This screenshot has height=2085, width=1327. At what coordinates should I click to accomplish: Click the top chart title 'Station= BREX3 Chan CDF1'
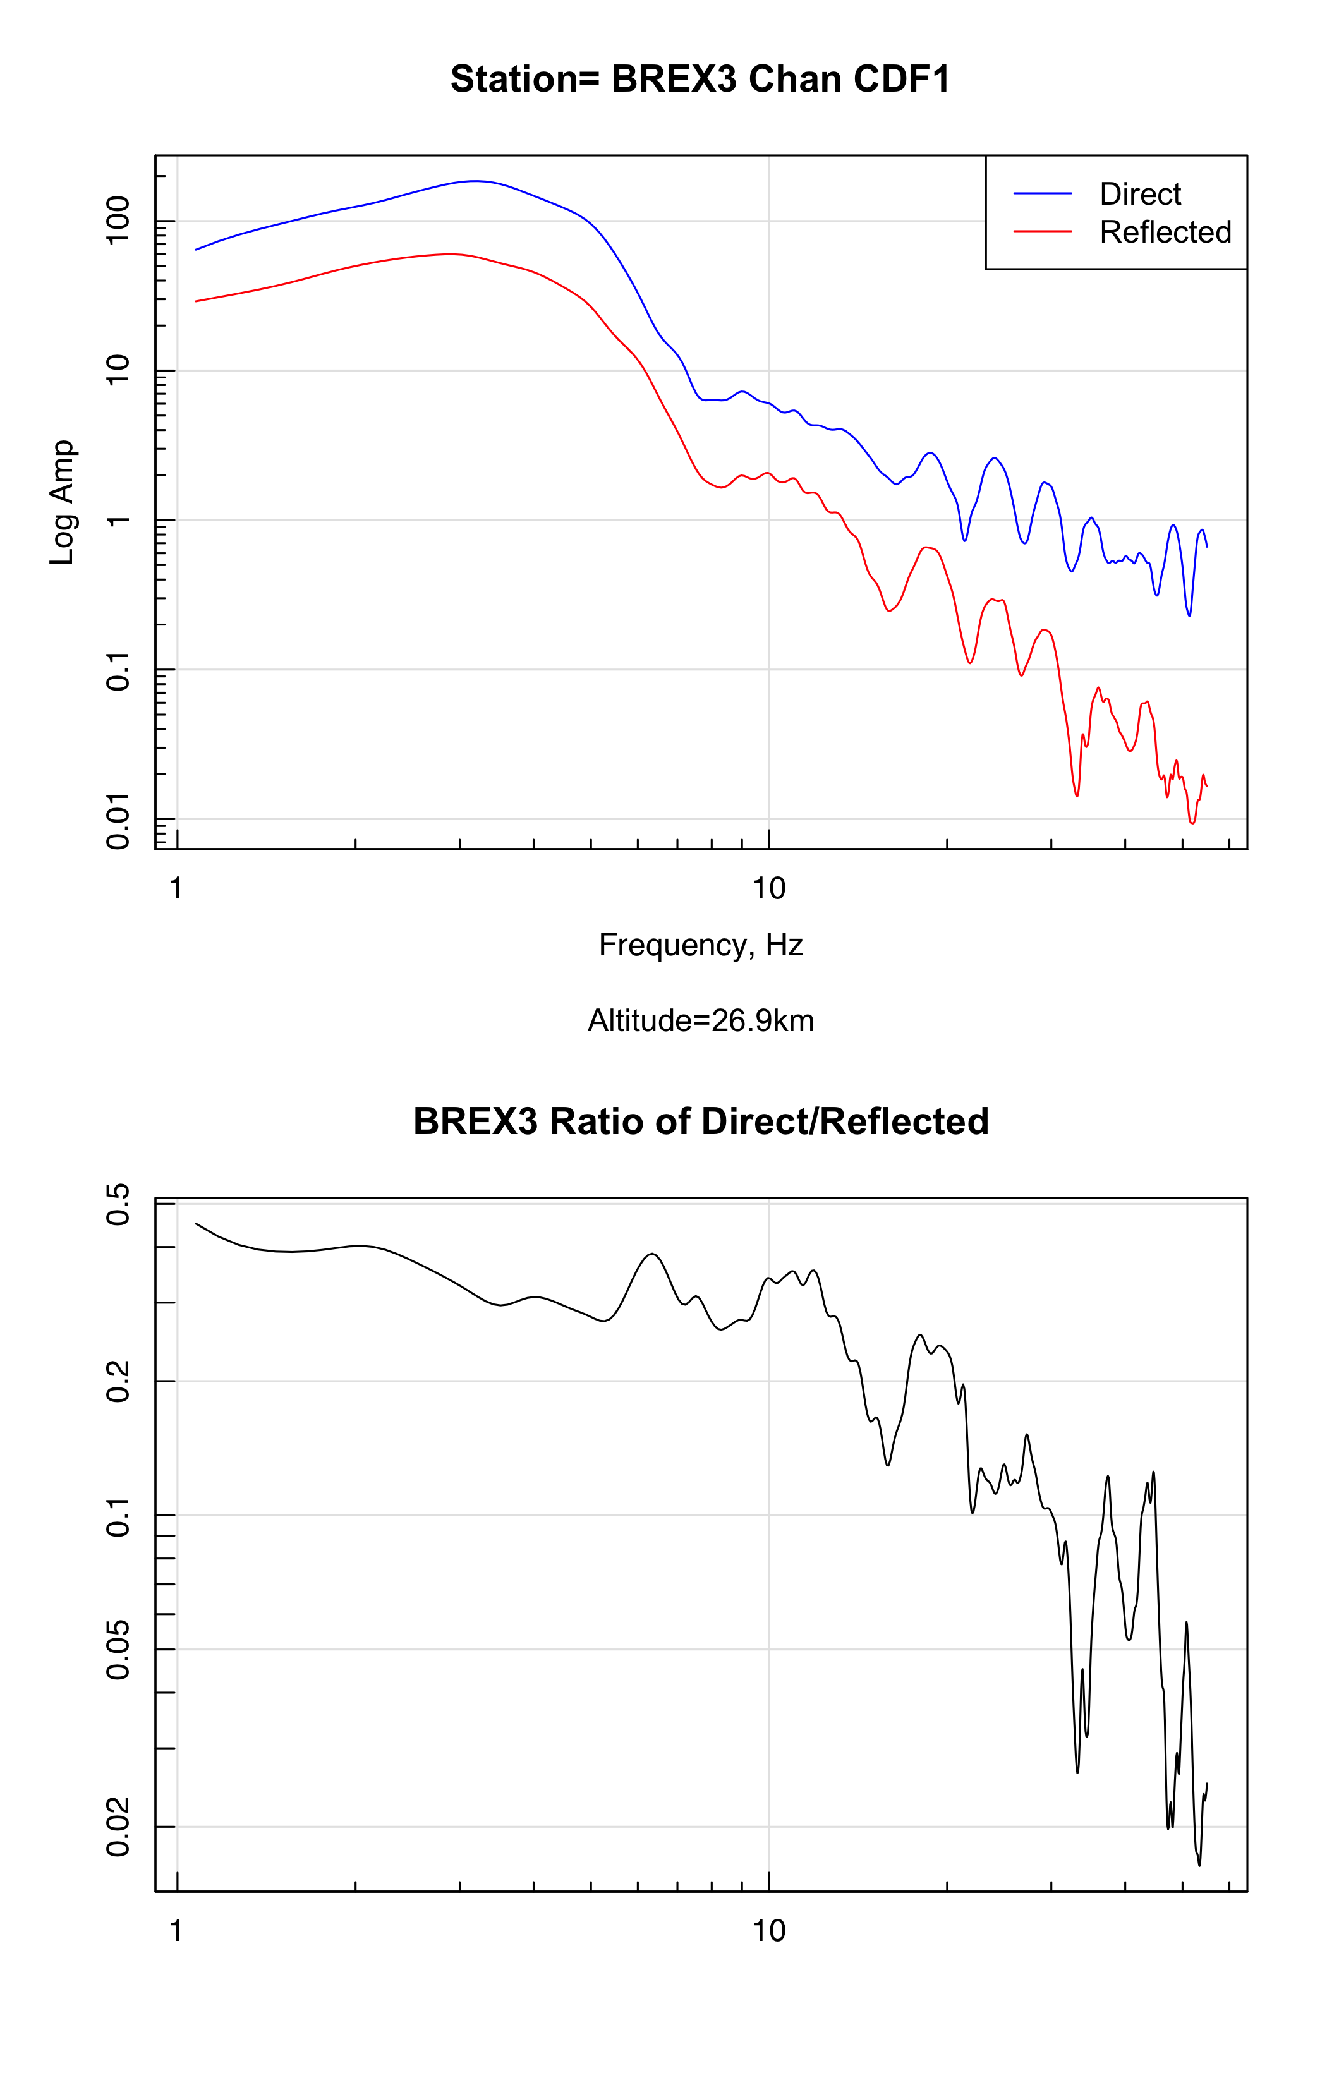click(x=700, y=80)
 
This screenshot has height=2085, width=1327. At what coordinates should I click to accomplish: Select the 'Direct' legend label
click(x=1140, y=194)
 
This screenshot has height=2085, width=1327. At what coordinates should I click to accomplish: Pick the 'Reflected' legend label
click(x=1165, y=232)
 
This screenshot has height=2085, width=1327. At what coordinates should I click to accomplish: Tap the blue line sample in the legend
click(x=1042, y=194)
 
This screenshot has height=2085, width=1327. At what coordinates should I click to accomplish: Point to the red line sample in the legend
click(x=1042, y=232)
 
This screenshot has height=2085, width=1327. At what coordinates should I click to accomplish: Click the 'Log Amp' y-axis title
click(x=63, y=502)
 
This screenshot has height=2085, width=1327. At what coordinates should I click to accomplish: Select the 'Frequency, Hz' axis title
click(x=700, y=945)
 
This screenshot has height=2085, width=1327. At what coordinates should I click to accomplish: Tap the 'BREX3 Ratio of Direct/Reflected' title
click(x=700, y=1121)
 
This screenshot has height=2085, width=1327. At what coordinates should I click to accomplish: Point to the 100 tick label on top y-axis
click(x=118, y=220)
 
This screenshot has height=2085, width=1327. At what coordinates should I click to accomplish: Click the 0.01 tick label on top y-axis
click(x=118, y=820)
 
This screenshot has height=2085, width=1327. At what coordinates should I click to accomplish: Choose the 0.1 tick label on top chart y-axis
click(x=118, y=671)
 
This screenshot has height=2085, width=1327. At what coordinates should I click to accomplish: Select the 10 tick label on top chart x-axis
click(x=768, y=888)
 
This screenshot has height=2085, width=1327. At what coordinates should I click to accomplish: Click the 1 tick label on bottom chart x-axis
click(x=177, y=1931)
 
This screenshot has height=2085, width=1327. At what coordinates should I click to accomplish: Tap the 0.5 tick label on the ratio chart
click(x=118, y=1204)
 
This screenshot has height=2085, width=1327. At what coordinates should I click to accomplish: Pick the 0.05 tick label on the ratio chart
click(x=118, y=1650)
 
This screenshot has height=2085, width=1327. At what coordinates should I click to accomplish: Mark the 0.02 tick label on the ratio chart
click(x=118, y=1827)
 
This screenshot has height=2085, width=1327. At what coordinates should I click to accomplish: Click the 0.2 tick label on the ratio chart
click(x=118, y=1382)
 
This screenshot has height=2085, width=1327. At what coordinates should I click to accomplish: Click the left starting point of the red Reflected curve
click(x=197, y=301)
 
